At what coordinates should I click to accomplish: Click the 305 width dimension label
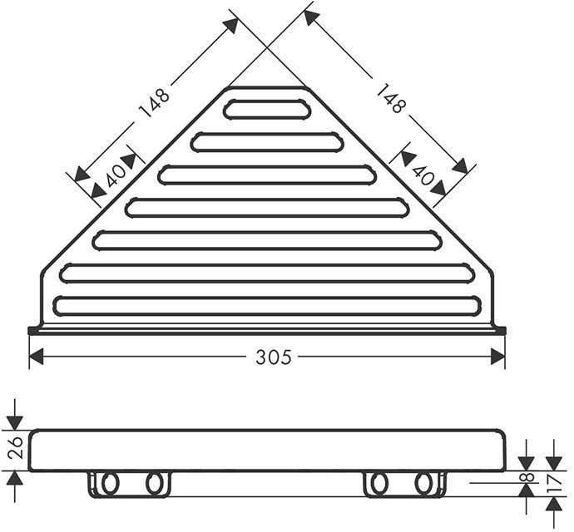pyautogui.click(x=274, y=357)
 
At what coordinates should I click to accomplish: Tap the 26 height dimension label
pyautogui.click(x=16, y=447)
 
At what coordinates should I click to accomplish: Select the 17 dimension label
pyautogui.click(x=556, y=483)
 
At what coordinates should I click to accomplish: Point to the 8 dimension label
pyautogui.click(x=527, y=477)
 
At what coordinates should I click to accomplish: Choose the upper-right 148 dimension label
pyautogui.click(x=392, y=98)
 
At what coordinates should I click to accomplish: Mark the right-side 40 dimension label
pyautogui.click(x=423, y=175)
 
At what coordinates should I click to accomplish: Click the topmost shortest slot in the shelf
pyautogui.click(x=267, y=109)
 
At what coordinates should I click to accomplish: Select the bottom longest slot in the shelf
pyautogui.click(x=267, y=306)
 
